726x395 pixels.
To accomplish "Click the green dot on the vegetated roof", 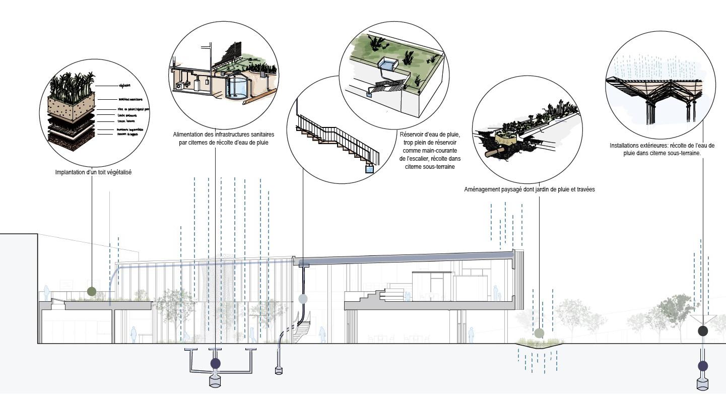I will (92, 291).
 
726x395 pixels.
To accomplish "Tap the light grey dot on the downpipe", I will (303, 299).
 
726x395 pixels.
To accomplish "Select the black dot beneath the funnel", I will (703, 331).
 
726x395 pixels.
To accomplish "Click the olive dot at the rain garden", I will (539, 333).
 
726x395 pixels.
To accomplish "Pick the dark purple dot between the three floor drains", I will (216, 363).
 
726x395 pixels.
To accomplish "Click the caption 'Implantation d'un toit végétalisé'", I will (93, 172).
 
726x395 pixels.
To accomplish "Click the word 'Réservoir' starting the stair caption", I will (411, 135).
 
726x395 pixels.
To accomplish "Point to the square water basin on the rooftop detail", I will (387, 64).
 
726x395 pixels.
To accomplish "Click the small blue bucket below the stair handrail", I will (370, 169).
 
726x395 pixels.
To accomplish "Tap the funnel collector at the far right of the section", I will (703, 319).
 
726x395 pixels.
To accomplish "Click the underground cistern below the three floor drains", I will (216, 381).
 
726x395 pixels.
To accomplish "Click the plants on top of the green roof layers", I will (71, 84).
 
